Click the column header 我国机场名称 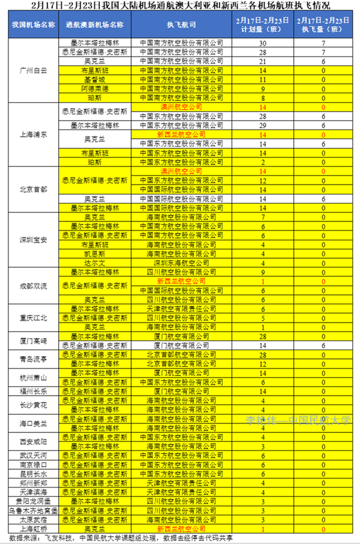point(34,25)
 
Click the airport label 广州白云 point(34,70)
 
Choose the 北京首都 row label point(34,189)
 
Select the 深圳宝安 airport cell point(34,240)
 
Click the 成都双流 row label point(34,285)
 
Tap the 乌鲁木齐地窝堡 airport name point(34,510)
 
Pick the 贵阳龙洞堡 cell point(34,501)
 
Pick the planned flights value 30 point(262,43)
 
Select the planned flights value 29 point(262,125)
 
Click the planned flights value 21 point(262,61)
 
